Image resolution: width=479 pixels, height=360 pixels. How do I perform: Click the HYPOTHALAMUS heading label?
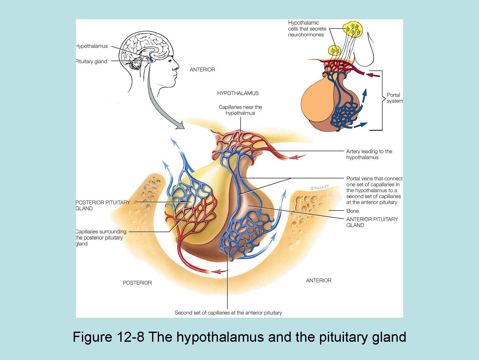click(238, 93)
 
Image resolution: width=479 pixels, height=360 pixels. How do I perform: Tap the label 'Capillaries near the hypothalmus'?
click(240, 110)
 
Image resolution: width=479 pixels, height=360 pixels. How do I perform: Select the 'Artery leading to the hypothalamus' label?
click(369, 154)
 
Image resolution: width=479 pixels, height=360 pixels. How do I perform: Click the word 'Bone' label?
click(352, 211)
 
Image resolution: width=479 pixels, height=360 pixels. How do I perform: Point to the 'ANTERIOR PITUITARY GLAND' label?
click(372, 222)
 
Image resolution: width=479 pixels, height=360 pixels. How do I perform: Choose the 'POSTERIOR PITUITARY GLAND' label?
click(103, 205)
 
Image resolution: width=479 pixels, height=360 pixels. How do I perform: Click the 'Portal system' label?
click(394, 98)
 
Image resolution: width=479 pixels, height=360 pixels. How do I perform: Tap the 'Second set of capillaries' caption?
click(228, 313)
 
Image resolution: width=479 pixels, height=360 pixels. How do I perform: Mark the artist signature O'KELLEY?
click(319, 187)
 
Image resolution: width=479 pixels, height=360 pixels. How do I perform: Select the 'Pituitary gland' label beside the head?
click(92, 61)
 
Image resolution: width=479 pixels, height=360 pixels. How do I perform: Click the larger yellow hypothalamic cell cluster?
click(353, 29)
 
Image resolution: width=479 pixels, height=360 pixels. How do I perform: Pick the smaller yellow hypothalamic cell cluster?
click(335, 50)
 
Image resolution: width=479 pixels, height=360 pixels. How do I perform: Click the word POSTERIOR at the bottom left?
click(137, 283)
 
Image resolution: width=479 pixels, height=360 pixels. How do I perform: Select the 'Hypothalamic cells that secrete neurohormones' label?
click(307, 29)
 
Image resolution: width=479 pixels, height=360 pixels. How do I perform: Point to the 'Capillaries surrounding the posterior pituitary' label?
click(101, 237)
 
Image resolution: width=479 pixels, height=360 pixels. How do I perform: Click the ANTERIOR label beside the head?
click(202, 70)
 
